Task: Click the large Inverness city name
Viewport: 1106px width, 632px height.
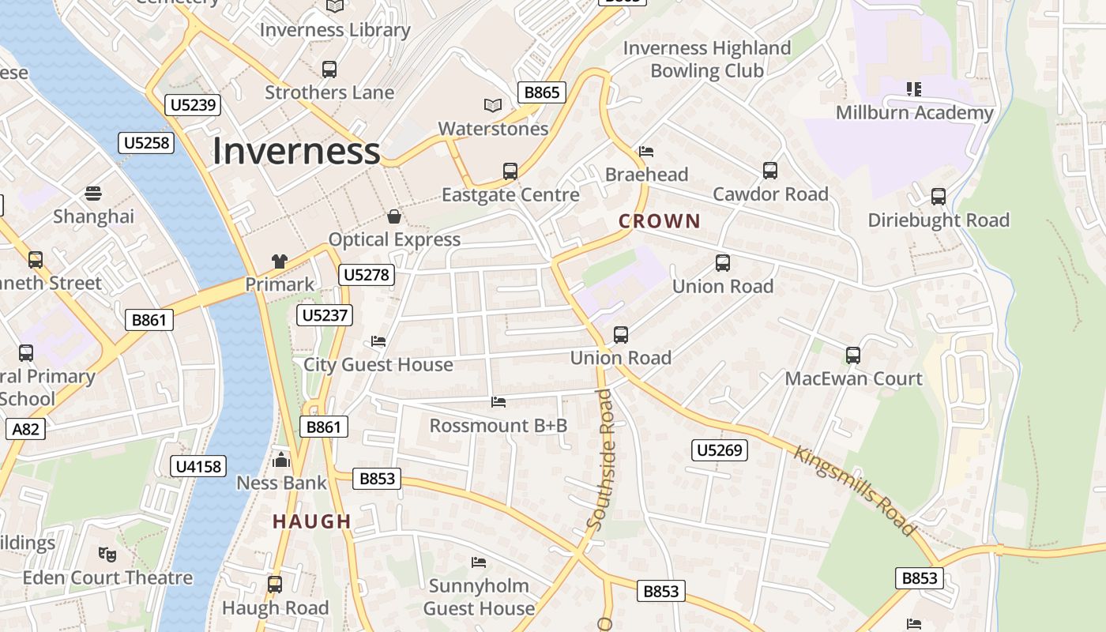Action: [x=296, y=151]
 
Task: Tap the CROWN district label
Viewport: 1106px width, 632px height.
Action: [x=660, y=221]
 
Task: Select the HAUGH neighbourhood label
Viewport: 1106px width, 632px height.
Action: [x=312, y=521]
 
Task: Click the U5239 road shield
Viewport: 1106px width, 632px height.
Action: [x=193, y=105]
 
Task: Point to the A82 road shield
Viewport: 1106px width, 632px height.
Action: [x=25, y=429]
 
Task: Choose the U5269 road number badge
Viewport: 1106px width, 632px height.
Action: [x=720, y=450]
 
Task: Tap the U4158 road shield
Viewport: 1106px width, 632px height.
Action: [x=197, y=466]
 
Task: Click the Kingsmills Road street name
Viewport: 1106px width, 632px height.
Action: [x=855, y=491]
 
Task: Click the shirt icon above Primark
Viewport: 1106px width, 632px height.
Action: [x=280, y=261]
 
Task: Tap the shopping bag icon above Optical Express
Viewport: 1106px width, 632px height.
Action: [x=394, y=216]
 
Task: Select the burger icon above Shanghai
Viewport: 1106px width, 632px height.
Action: [x=93, y=194]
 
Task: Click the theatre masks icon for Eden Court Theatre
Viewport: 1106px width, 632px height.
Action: [x=107, y=554]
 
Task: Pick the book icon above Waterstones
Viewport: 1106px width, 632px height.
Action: [x=493, y=105]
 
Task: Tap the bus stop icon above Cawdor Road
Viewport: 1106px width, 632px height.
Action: [x=770, y=171]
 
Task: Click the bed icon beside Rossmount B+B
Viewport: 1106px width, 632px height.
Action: [x=498, y=402]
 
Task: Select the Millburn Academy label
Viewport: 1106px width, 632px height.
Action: [x=915, y=113]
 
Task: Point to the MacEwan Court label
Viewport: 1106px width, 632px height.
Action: [x=853, y=378]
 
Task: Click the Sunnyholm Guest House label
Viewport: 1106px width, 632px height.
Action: [x=479, y=597]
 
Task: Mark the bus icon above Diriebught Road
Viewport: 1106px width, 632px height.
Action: [x=939, y=197]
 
